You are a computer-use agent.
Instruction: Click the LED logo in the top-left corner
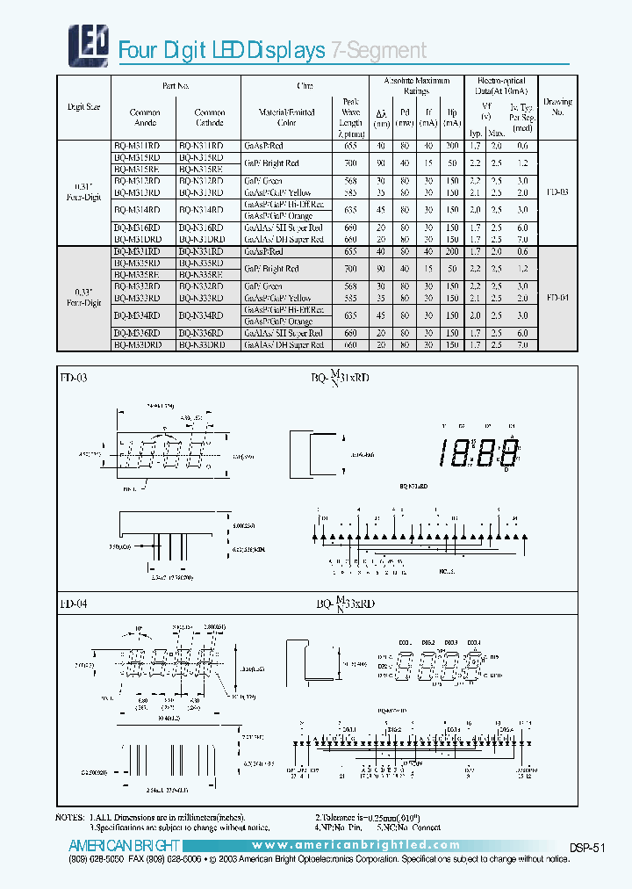pos(88,40)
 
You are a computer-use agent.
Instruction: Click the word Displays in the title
pos(287,50)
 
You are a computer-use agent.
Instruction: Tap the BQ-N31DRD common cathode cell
pos(201,239)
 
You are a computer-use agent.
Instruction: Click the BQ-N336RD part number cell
pos(201,334)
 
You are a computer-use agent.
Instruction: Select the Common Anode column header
pos(145,118)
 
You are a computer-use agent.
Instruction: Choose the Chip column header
pos(305,86)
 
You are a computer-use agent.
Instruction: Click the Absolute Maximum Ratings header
pos(417,85)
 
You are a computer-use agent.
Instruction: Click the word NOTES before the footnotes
pos(73,817)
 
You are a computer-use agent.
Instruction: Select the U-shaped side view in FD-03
pos(314,454)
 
